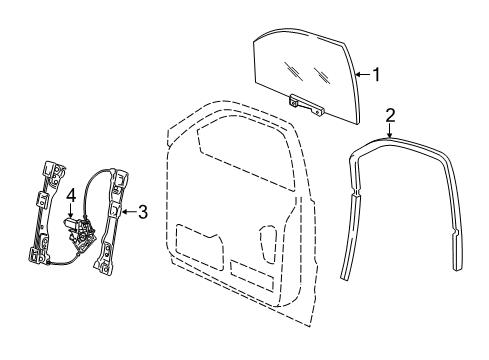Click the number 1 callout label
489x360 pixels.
coord(376,72)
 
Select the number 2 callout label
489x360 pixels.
coord(391,114)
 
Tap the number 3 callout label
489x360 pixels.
coord(143,211)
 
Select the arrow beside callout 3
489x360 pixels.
coord(127,211)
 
